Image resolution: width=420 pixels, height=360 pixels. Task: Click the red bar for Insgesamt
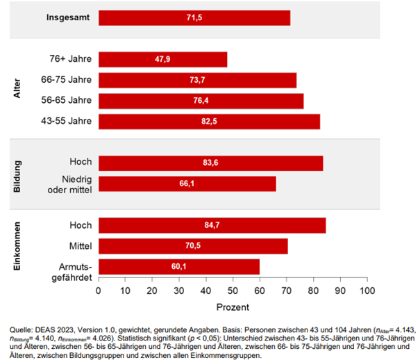tap(194, 17)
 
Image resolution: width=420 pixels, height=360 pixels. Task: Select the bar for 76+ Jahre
tap(162, 59)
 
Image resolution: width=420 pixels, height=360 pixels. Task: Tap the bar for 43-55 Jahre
tap(209, 122)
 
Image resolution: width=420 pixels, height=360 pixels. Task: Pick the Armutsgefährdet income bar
tap(179, 266)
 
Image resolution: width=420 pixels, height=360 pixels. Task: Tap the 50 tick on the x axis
tap(233, 290)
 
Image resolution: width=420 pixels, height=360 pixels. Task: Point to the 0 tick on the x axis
tap(99, 290)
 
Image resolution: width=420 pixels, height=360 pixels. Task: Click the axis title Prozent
tap(233, 306)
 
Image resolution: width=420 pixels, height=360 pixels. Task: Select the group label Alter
tap(17, 90)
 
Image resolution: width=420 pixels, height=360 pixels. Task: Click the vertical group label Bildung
tap(17, 174)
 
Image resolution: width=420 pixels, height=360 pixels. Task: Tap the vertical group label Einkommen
tap(17, 246)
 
